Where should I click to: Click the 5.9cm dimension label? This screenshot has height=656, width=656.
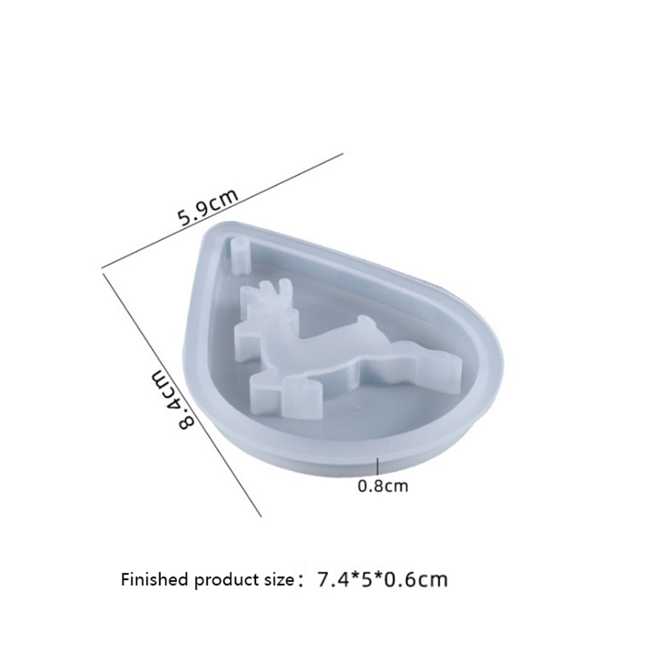[208, 207]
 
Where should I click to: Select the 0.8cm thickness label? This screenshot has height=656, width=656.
[383, 486]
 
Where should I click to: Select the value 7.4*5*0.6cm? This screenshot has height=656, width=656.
[382, 580]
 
